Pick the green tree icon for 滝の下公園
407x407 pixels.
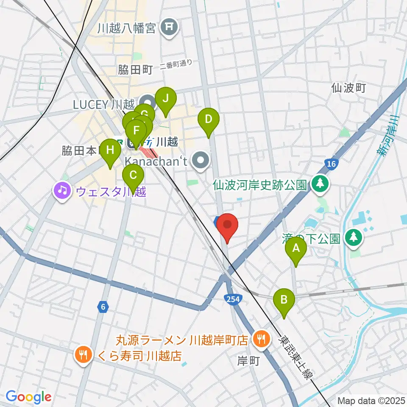coord(353,237)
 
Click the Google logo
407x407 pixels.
coord(28,397)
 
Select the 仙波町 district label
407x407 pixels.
coord(348,88)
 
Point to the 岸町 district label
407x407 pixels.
coord(248,360)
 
